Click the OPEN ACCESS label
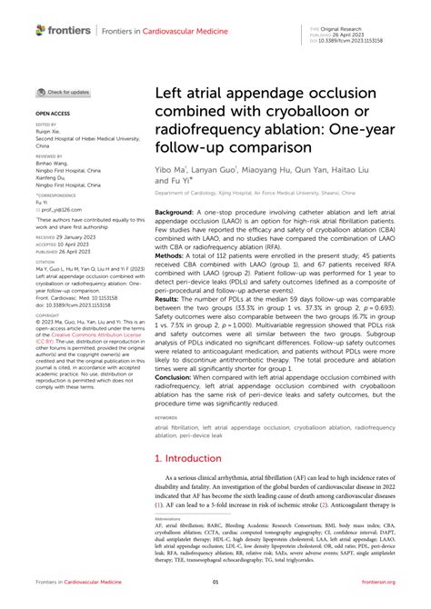52,114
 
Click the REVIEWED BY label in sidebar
49,155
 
